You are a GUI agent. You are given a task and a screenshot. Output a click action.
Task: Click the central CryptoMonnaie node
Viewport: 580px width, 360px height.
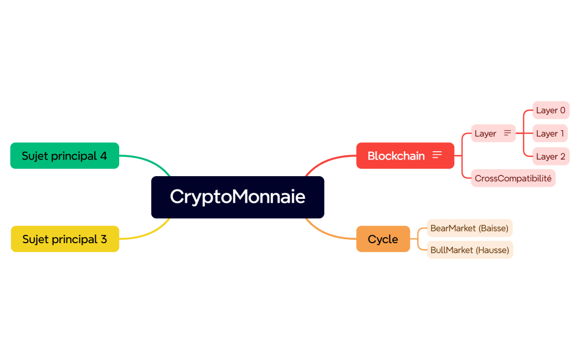coord(237,197)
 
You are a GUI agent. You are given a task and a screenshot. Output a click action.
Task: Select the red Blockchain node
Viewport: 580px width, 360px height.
coord(396,156)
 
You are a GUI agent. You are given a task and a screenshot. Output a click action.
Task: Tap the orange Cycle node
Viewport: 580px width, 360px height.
coord(383,239)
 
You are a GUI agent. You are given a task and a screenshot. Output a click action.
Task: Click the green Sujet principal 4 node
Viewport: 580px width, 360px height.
coord(64,156)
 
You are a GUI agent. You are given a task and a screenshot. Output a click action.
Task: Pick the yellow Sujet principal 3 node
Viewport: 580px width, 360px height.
coord(65,239)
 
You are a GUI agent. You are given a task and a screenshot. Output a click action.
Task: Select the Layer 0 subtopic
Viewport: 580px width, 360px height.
coord(551,110)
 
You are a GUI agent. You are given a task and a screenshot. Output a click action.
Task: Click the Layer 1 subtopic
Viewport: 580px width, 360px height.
coord(550,133)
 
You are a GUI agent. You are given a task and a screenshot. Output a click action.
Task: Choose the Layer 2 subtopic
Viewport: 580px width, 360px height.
coord(551,156)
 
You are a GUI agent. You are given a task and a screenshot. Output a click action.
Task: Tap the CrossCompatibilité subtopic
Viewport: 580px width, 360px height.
coord(513,178)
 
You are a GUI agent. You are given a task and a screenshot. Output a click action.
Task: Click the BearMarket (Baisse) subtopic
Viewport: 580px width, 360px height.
coord(469,228)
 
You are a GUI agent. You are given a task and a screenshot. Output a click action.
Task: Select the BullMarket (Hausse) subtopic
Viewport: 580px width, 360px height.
coord(470,250)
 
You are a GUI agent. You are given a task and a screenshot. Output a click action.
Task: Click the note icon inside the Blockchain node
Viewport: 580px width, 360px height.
coord(437,155)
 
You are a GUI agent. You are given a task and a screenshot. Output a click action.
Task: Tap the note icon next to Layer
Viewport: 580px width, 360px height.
coord(507,133)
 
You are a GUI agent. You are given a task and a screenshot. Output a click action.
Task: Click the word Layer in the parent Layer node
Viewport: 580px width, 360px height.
coord(485,133)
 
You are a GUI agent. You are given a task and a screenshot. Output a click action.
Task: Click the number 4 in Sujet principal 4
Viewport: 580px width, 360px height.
coord(104,156)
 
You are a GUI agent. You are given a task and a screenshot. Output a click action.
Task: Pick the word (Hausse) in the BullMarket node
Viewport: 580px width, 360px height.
coord(492,250)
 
